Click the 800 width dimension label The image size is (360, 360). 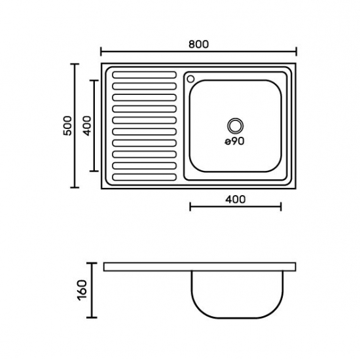pos(198,45)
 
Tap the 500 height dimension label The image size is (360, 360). pos(67,126)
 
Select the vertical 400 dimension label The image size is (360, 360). pos(87,126)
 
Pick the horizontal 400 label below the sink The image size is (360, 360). pos(236,199)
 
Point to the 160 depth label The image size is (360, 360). pos(82,290)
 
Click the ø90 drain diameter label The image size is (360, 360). pos(234,141)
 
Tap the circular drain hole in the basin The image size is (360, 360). pos(236,126)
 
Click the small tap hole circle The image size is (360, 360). pos(190,79)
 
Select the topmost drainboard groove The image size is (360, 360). pos(145,75)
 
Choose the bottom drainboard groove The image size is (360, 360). pos(145,177)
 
